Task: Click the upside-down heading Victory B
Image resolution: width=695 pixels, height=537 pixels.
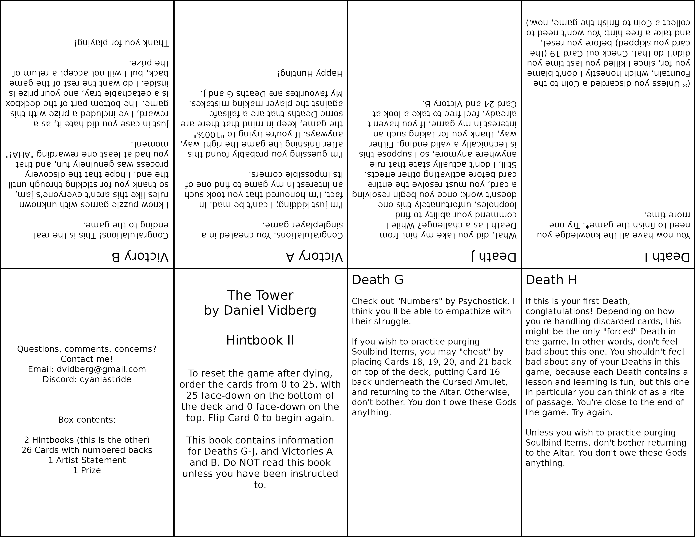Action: tap(140, 256)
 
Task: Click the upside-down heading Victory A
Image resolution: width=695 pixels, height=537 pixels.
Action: tap(314, 256)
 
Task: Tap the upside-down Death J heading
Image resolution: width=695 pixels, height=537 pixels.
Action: tap(494, 256)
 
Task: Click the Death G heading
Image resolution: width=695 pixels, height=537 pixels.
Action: tap(377, 280)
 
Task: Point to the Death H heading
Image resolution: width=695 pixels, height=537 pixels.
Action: tap(551, 280)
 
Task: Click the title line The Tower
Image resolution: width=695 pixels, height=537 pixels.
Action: tap(260, 295)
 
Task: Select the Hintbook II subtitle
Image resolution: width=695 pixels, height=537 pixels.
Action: tap(260, 340)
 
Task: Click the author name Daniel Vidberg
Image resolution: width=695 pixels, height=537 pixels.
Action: tap(270, 310)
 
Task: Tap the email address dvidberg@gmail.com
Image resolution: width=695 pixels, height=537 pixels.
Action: tap(101, 369)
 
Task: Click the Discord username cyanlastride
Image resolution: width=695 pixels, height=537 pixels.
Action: tap(105, 379)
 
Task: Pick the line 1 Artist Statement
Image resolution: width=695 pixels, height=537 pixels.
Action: tap(87, 460)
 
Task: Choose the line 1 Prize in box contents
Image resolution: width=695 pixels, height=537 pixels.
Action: tap(87, 470)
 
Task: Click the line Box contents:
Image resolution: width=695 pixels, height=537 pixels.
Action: tap(87, 420)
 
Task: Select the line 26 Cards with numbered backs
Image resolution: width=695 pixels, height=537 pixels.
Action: tap(87, 450)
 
